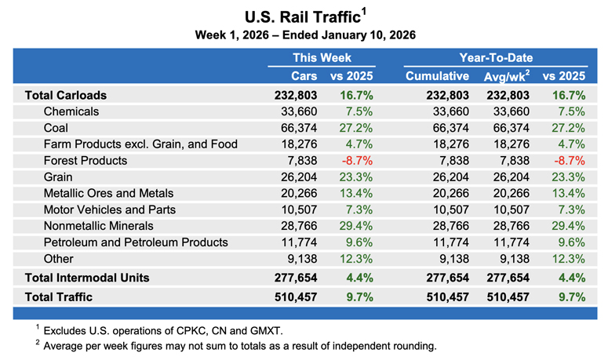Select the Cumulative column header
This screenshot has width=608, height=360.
click(x=437, y=76)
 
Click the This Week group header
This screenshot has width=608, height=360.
click(x=322, y=57)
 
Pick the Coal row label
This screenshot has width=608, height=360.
click(x=56, y=128)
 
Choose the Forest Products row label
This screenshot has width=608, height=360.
click(x=86, y=161)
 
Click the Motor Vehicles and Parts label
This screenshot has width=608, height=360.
click(x=110, y=209)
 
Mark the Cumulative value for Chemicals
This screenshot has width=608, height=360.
click(x=448, y=111)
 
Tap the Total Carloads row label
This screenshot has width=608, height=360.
click(x=66, y=95)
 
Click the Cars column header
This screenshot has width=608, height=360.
click(x=305, y=76)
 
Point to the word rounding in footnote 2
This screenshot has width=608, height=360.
click(x=410, y=346)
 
